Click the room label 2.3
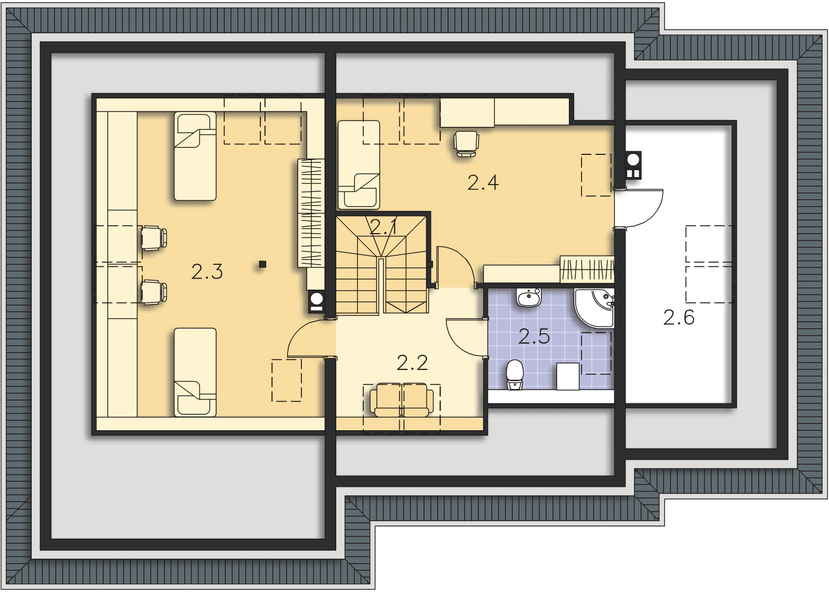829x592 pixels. [x=207, y=272]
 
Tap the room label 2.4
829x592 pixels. [x=483, y=183]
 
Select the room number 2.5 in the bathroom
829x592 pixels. [x=534, y=337]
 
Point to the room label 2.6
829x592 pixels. [x=679, y=318]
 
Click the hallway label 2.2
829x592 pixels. [x=412, y=363]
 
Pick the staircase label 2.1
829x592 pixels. [x=384, y=227]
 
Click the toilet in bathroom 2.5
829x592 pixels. [x=514, y=375]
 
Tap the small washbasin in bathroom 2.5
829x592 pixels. [x=529, y=298]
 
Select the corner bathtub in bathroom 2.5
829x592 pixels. [x=594, y=308]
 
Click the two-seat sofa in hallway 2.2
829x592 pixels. [x=402, y=400]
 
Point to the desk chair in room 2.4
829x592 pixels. [x=466, y=144]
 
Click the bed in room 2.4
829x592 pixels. [x=359, y=165]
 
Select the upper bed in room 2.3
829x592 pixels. [x=195, y=156]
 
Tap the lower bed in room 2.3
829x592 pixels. [x=195, y=372]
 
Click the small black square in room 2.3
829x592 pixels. [x=262, y=264]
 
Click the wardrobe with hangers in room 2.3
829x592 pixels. [x=311, y=212]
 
